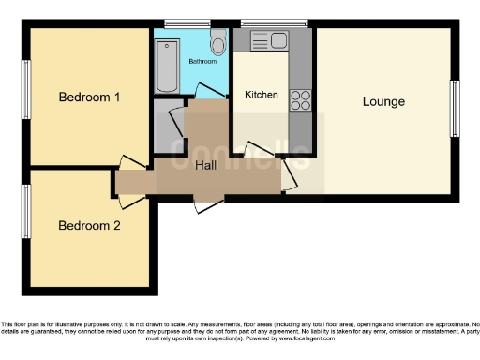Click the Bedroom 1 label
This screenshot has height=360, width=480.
(90, 97)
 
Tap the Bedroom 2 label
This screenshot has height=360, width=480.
(90, 225)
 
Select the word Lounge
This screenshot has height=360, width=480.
(383, 101)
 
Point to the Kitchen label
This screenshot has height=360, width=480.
(262, 95)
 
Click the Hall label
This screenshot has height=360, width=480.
(207, 165)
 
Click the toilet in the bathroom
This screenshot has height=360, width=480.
(218, 44)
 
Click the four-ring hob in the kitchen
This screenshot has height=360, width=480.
(302, 99)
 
